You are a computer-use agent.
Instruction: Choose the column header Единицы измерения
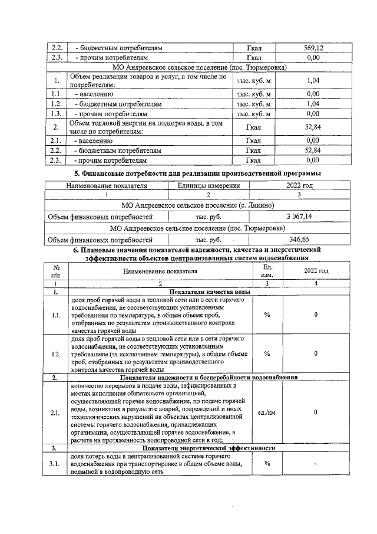pos(209,185)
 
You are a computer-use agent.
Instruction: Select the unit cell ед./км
pos(267,412)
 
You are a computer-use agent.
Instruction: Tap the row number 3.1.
pos(56,463)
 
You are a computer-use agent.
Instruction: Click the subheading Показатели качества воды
pos(210,291)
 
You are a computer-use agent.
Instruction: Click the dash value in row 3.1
pos(316,464)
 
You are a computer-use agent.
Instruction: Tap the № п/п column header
pos(56,271)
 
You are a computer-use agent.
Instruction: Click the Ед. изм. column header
pos(267,271)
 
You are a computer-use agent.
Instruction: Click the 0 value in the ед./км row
pos(316,412)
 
